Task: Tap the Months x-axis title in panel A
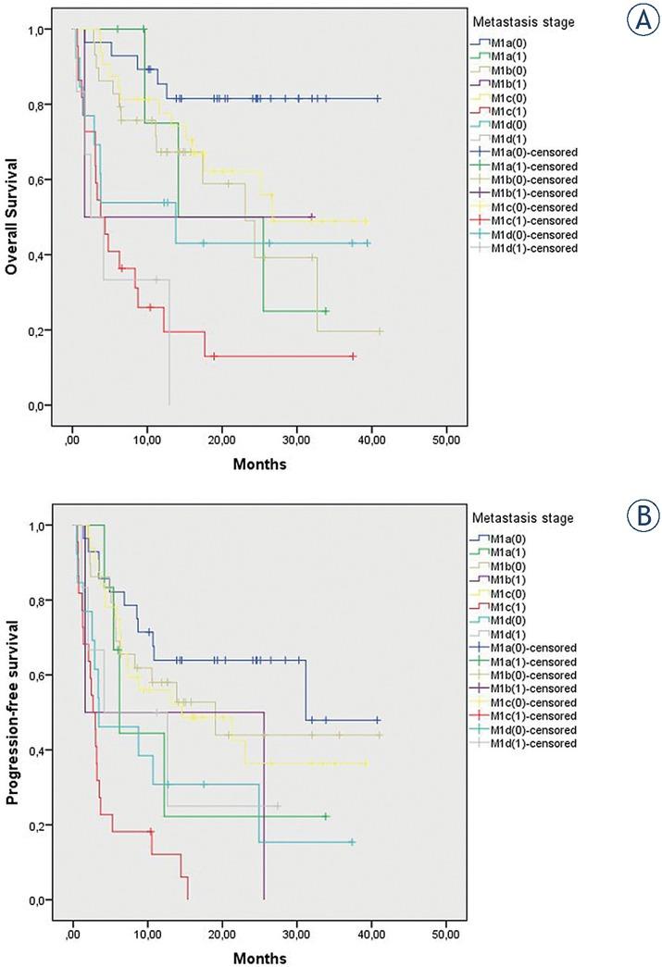[260, 465]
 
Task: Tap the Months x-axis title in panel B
[260, 958]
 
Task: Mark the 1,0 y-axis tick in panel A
[40, 31]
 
